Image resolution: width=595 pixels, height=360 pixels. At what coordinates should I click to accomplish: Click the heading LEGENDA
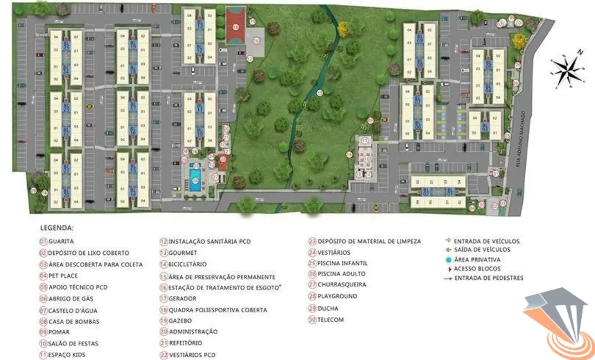[x=57, y=228]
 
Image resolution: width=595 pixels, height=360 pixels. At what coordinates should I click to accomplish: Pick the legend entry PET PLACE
[x=63, y=276]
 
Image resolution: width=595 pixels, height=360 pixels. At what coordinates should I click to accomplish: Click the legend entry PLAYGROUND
[x=337, y=296]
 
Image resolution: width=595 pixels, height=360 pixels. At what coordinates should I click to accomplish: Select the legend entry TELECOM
[x=330, y=320]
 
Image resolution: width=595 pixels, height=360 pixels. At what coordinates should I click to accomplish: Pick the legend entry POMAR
[x=59, y=332]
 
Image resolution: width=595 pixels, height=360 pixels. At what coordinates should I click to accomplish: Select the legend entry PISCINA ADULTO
[x=341, y=274]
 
